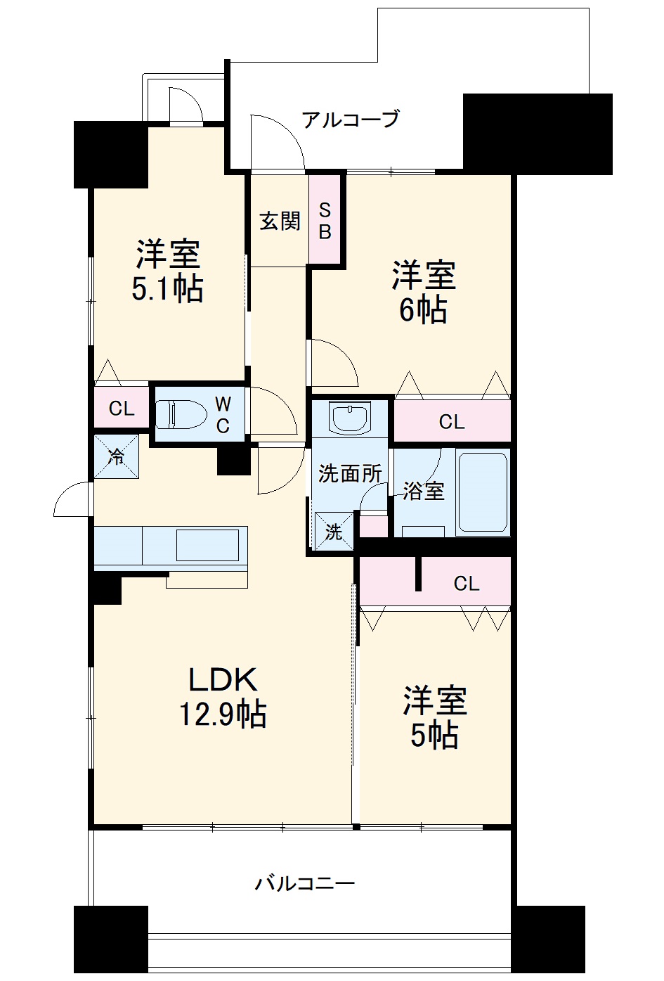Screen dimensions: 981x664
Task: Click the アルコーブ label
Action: tap(350, 119)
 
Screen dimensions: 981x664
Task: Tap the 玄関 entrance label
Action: tap(280, 221)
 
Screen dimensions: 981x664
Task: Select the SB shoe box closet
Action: tap(325, 220)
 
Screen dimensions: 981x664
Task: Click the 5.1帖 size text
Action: tap(168, 289)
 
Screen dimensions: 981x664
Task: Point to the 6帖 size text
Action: tap(423, 310)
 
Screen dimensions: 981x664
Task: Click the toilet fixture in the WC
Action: tap(178, 414)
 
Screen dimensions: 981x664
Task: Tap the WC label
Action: tap(222, 414)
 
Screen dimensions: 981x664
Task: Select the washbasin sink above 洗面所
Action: tap(349, 419)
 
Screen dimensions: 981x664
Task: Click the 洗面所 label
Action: tap(349, 473)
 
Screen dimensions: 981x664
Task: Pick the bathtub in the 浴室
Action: tap(482, 492)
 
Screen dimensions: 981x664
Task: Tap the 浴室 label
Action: tap(423, 491)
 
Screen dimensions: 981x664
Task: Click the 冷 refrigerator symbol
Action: tap(117, 457)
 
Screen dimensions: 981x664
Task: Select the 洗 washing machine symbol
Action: tap(333, 532)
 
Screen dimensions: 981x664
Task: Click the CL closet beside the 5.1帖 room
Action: tap(122, 409)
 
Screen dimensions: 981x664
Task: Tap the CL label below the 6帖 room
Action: tap(452, 422)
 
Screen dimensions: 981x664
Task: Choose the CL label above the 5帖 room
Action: tap(466, 583)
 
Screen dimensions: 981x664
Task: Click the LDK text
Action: tap(223, 679)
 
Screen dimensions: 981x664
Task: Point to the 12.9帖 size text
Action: tap(223, 714)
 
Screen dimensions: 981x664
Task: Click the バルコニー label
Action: tap(305, 883)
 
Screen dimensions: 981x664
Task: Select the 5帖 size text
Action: tap(434, 736)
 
